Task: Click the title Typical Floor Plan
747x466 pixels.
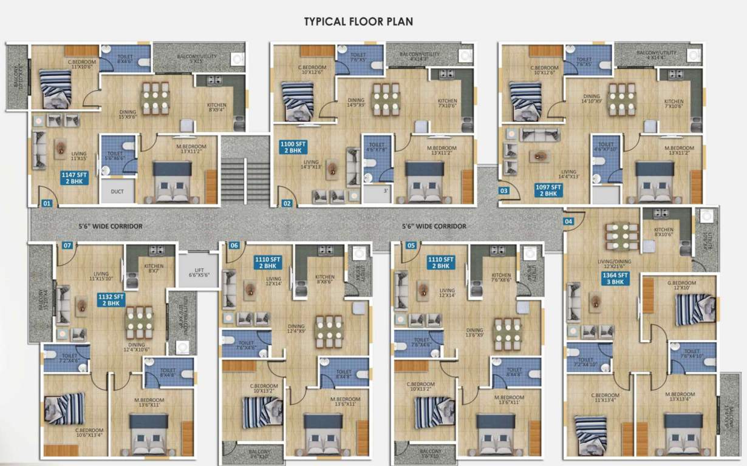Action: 358,22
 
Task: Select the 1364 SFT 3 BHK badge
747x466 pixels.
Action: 615,278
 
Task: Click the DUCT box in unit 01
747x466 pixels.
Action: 118,192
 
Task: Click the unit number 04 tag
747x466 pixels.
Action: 568,221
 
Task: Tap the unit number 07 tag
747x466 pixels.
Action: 67,246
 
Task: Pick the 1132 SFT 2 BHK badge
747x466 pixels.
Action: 111,300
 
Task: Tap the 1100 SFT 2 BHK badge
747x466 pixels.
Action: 294,147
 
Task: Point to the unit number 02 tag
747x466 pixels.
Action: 287,204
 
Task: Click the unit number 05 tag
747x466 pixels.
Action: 412,246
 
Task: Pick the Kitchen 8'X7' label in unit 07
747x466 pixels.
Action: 154,269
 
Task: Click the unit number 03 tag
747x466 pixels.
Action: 503,191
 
